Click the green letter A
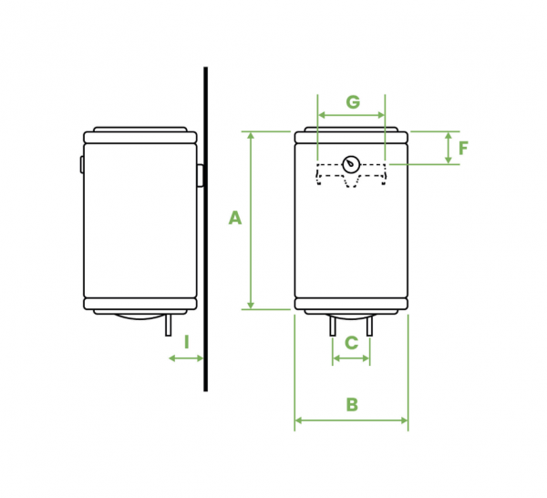(x=235, y=218)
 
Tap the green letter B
(x=352, y=405)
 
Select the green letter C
(x=351, y=343)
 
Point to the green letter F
(x=463, y=148)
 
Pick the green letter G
(x=353, y=102)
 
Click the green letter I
(x=187, y=342)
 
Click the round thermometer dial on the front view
(x=351, y=164)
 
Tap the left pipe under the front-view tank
(x=333, y=325)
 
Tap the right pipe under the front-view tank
(x=369, y=325)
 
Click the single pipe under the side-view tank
(x=168, y=325)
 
